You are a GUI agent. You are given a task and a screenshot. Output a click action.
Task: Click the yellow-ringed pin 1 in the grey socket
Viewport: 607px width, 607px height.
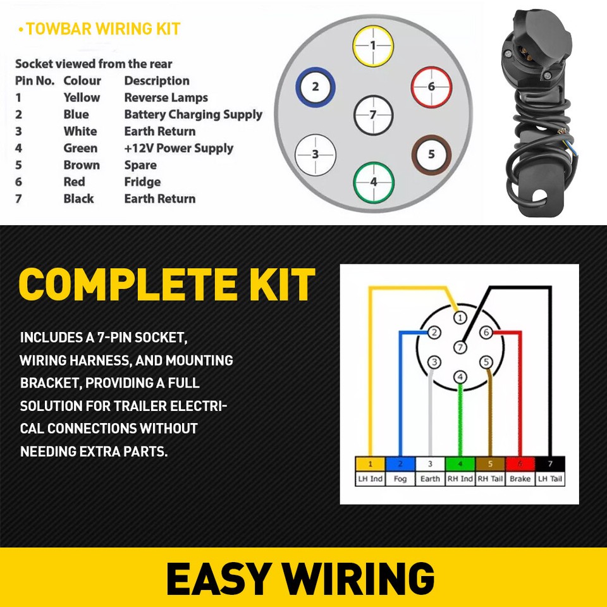click(373, 46)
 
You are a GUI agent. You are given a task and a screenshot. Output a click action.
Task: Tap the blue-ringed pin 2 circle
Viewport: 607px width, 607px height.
click(316, 87)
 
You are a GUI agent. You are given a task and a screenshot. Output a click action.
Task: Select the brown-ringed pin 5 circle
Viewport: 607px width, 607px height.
click(431, 154)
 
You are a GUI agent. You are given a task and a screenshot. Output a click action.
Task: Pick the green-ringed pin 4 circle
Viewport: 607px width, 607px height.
click(373, 181)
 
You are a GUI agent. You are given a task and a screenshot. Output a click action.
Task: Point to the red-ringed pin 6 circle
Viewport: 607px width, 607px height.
click(431, 87)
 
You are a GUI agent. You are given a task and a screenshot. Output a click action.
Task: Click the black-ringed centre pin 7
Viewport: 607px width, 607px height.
click(373, 115)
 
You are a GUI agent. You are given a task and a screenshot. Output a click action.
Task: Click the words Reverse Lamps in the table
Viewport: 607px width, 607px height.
click(166, 97)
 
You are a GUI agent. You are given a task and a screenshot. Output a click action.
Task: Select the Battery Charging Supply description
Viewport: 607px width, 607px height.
click(193, 114)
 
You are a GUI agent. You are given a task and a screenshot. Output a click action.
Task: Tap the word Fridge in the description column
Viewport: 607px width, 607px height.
click(142, 182)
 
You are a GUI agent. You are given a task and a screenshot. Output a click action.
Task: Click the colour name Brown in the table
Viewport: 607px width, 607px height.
click(82, 165)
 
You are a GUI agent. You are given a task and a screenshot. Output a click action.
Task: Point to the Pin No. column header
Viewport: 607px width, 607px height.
click(35, 81)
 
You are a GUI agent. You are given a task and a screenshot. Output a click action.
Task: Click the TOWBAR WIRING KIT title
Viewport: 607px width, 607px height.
click(102, 29)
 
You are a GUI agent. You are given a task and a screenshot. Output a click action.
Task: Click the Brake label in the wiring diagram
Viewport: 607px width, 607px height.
click(520, 479)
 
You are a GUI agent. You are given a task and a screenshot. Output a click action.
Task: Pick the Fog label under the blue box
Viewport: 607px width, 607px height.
click(400, 479)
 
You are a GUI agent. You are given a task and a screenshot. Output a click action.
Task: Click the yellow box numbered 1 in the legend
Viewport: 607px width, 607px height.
click(370, 464)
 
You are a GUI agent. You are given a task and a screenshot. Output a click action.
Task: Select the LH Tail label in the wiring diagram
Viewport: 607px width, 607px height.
click(549, 479)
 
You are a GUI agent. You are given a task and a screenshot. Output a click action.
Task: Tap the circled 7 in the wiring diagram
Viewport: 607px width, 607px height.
click(460, 347)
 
